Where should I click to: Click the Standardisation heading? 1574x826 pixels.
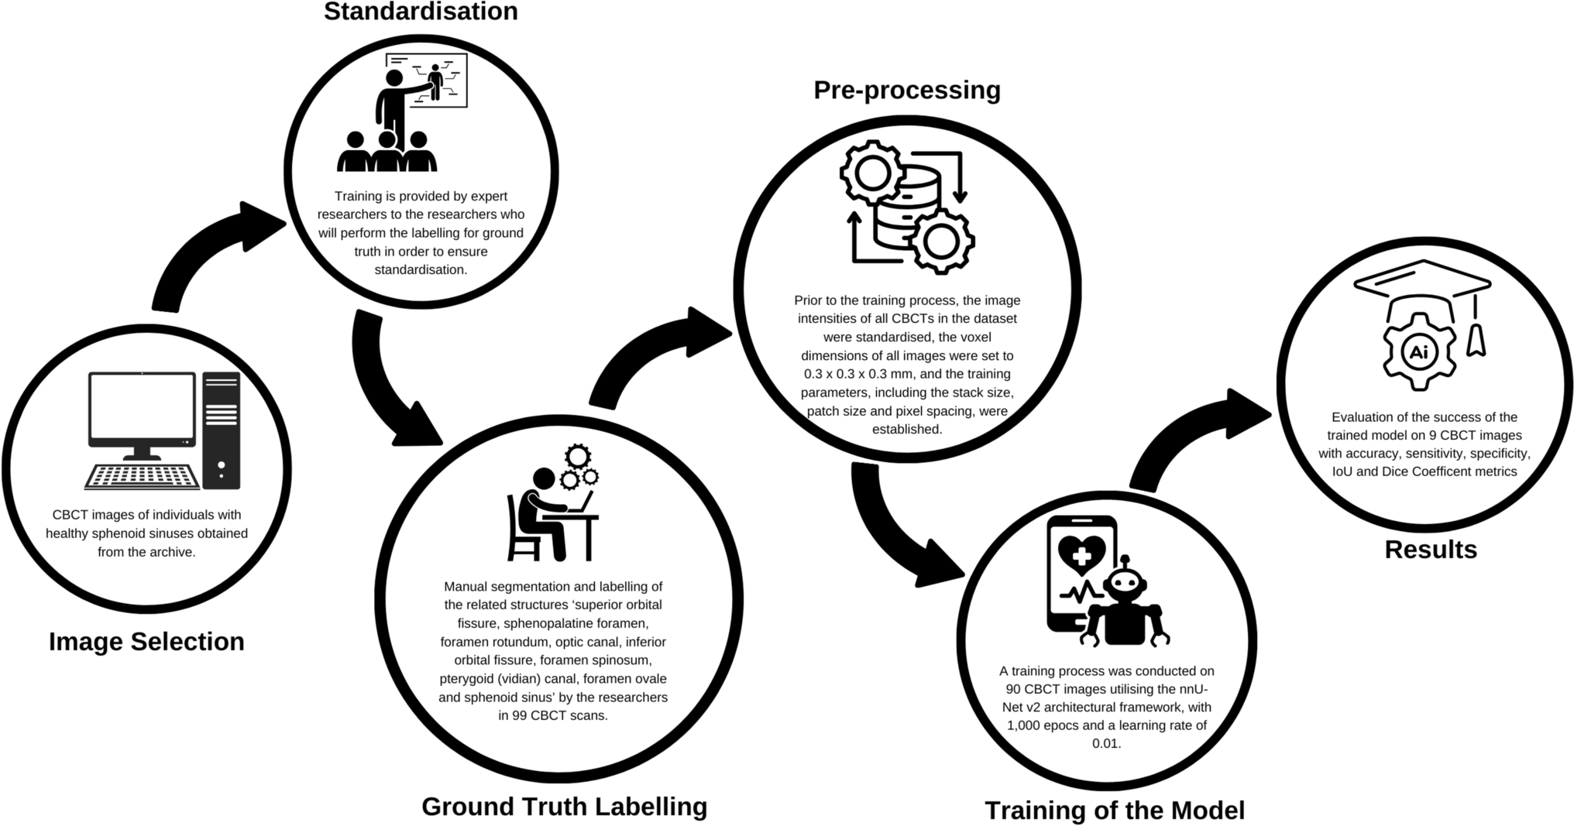coord(421,12)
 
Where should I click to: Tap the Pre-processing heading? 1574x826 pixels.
coord(906,91)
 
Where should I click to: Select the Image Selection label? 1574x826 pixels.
coord(146,642)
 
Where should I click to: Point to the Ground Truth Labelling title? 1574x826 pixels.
coord(564,807)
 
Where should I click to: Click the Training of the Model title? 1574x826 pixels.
coord(1114,811)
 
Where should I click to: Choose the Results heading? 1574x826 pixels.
coord(1430,550)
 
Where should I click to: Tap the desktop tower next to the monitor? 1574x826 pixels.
coord(222,430)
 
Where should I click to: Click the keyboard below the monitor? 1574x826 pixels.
coord(142,476)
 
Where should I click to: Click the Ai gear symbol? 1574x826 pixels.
coord(1418,353)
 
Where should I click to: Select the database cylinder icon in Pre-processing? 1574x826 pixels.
coord(906,205)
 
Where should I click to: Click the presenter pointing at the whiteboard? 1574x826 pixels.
coord(395,105)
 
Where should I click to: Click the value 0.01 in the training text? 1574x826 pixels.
coord(1106,744)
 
